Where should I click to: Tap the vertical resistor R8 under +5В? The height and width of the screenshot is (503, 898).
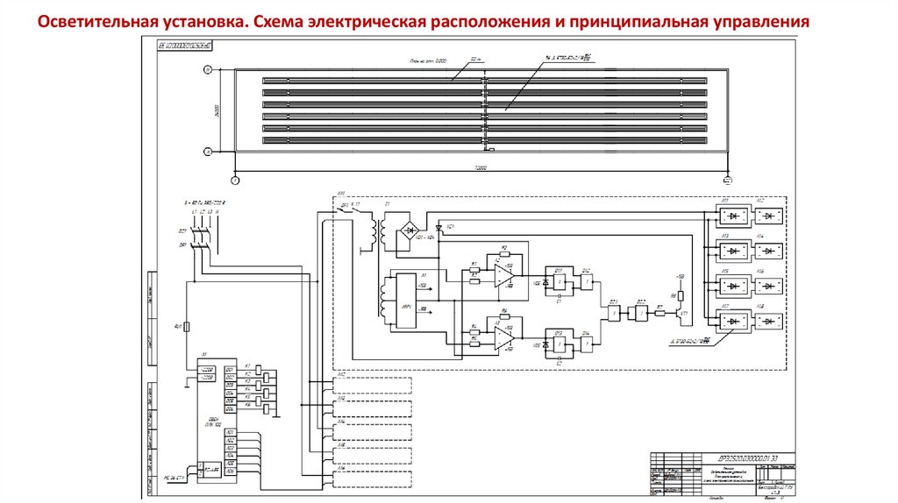click(673, 295)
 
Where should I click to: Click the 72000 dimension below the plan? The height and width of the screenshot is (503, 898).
click(480, 166)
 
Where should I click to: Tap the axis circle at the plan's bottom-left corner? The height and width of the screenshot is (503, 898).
click(234, 181)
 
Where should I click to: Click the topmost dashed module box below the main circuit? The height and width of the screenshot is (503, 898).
click(372, 383)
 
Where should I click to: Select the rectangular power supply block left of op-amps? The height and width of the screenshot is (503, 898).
click(405, 300)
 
